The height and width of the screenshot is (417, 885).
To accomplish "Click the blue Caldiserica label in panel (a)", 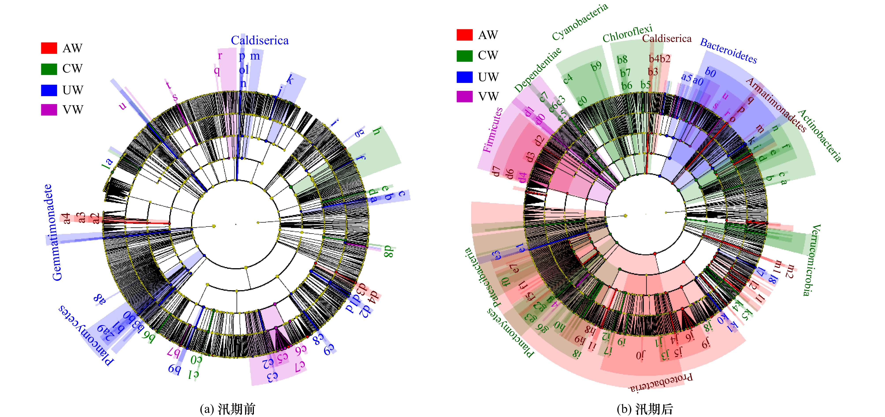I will click(x=260, y=41).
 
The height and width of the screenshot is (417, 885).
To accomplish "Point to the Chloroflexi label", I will click(x=627, y=34).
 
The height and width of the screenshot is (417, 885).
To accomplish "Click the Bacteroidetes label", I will click(x=728, y=51).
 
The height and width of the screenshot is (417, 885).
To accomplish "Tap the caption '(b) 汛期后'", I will click(x=645, y=409).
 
